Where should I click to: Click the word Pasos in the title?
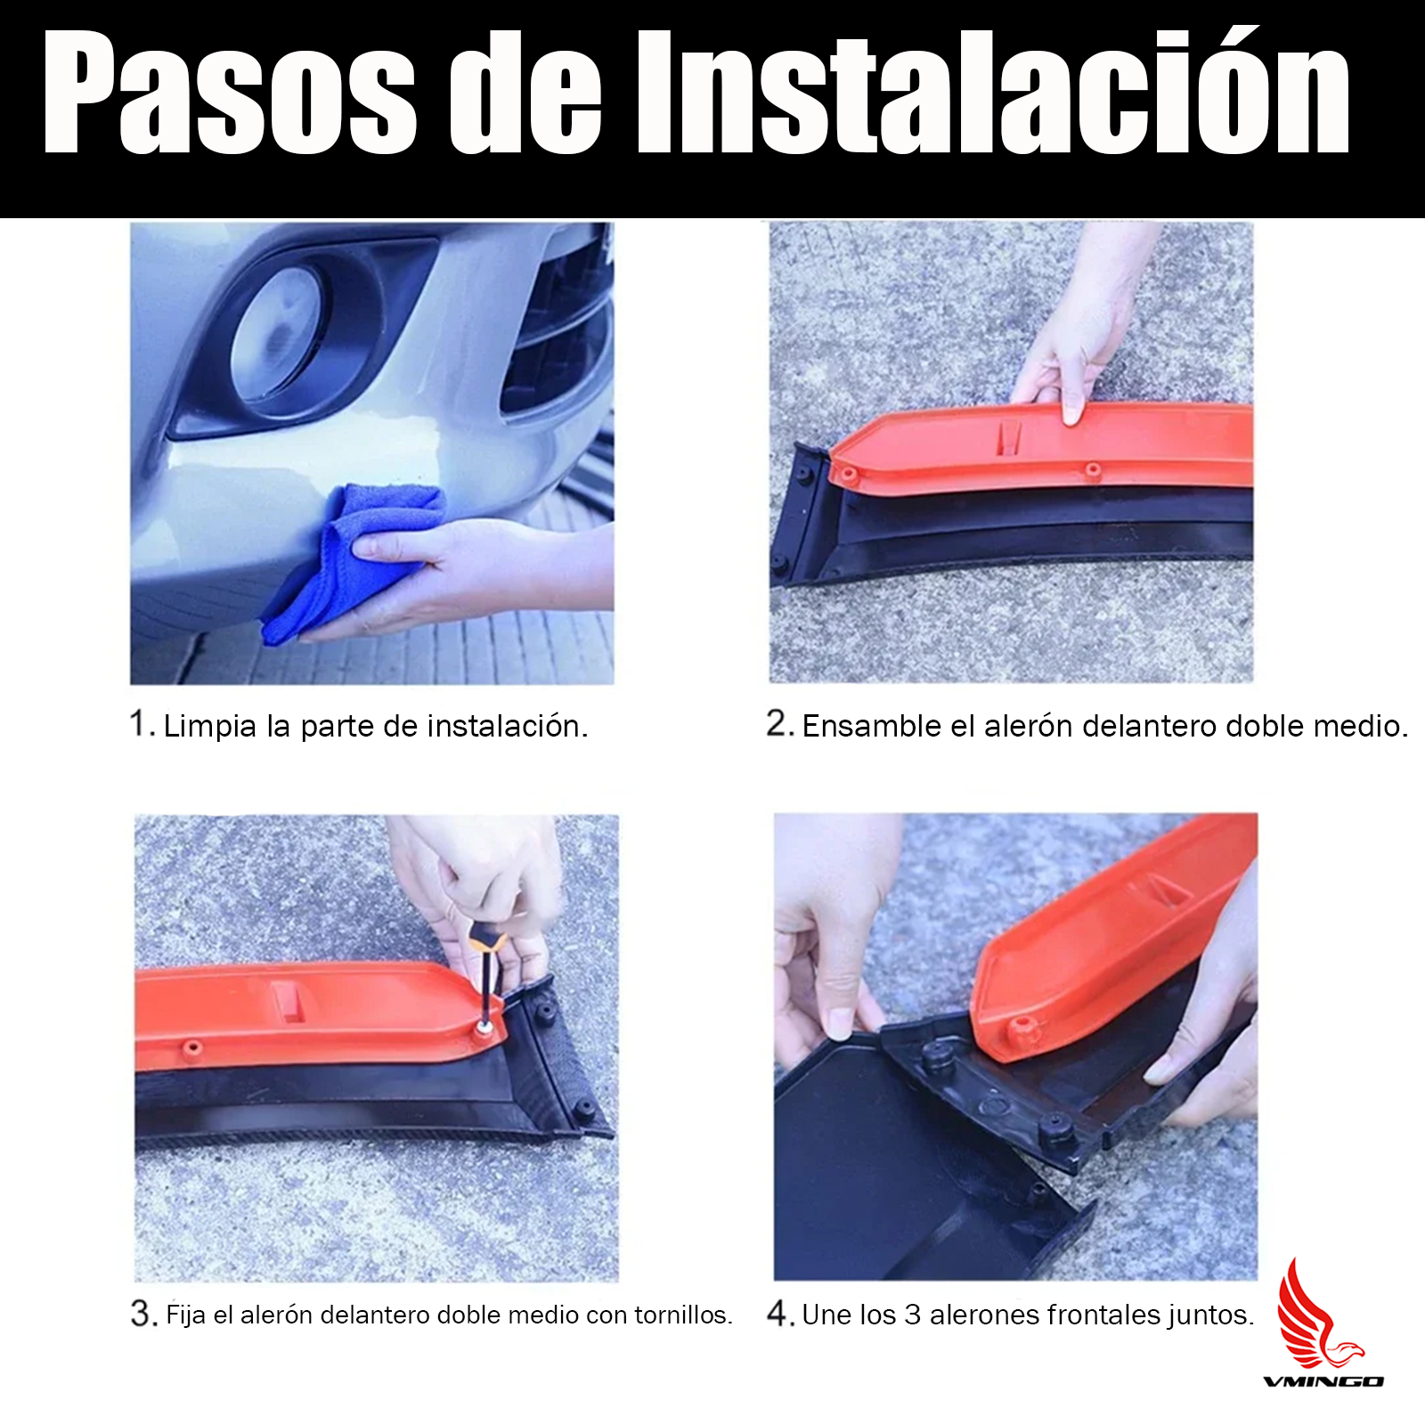point(231,93)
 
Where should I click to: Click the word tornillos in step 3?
point(683,1315)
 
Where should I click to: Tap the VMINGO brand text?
point(1323,1381)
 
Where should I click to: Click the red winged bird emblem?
point(1317,1314)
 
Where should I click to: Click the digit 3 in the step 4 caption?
point(912,1315)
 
